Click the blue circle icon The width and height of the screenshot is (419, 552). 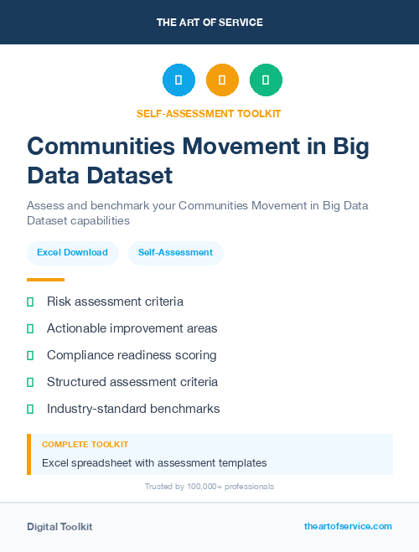point(178,80)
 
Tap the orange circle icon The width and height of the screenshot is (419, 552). point(222,80)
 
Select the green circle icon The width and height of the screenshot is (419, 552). point(266,80)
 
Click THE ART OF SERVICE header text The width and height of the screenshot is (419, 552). point(209,23)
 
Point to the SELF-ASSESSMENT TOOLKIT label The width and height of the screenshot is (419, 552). point(209,113)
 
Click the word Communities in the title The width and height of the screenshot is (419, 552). point(102,146)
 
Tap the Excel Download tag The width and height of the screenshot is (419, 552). point(72,252)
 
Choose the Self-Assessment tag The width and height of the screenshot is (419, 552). point(175,252)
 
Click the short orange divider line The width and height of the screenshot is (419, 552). point(45,280)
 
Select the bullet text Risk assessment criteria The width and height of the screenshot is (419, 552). point(115,302)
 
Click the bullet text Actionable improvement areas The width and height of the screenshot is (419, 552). point(132,328)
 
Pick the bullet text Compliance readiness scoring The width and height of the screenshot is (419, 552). point(132,355)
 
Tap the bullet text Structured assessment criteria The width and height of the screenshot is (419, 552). point(132,382)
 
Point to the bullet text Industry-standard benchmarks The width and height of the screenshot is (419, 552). point(133,409)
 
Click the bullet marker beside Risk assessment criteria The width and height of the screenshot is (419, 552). point(30,302)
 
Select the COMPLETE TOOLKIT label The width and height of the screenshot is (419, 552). point(85,445)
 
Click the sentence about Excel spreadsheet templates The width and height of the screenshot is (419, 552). point(154,462)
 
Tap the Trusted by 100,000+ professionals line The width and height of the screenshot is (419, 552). point(209,487)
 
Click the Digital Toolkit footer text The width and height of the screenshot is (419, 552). point(59,527)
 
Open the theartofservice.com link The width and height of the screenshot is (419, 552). point(348,526)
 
